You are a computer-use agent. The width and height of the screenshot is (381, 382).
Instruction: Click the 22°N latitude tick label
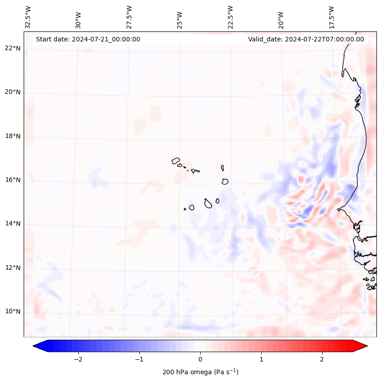[x=13, y=48]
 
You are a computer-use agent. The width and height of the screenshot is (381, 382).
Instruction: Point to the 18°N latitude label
[x=13, y=136]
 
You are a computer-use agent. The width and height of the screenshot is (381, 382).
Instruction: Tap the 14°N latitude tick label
[x=13, y=224]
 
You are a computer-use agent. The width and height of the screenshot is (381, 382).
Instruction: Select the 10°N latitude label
[x=13, y=312]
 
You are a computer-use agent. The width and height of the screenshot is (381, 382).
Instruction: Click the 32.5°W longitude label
[x=28, y=17]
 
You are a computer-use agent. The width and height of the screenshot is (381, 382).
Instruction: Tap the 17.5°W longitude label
[x=331, y=17]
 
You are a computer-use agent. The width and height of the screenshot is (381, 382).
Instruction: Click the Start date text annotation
[x=88, y=39]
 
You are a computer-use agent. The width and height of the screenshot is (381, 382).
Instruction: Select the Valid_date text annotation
[x=306, y=39]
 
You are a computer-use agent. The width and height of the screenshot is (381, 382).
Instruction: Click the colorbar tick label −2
[x=78, y=359]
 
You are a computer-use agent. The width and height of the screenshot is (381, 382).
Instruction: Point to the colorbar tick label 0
[x=200, y=359]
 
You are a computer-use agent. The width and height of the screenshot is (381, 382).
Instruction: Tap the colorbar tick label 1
[x=261, y=359]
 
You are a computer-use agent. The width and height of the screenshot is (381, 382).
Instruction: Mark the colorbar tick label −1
[x=139, y=359]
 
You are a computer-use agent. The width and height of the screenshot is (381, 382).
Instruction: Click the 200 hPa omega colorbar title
[x=200, y=372]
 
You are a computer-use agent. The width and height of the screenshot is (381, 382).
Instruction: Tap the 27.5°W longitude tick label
[x=129, y=17]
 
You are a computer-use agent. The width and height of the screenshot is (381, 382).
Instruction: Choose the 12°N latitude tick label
[x=13, y=268]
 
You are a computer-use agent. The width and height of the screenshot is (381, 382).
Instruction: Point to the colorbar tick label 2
[x=322, y=359]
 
